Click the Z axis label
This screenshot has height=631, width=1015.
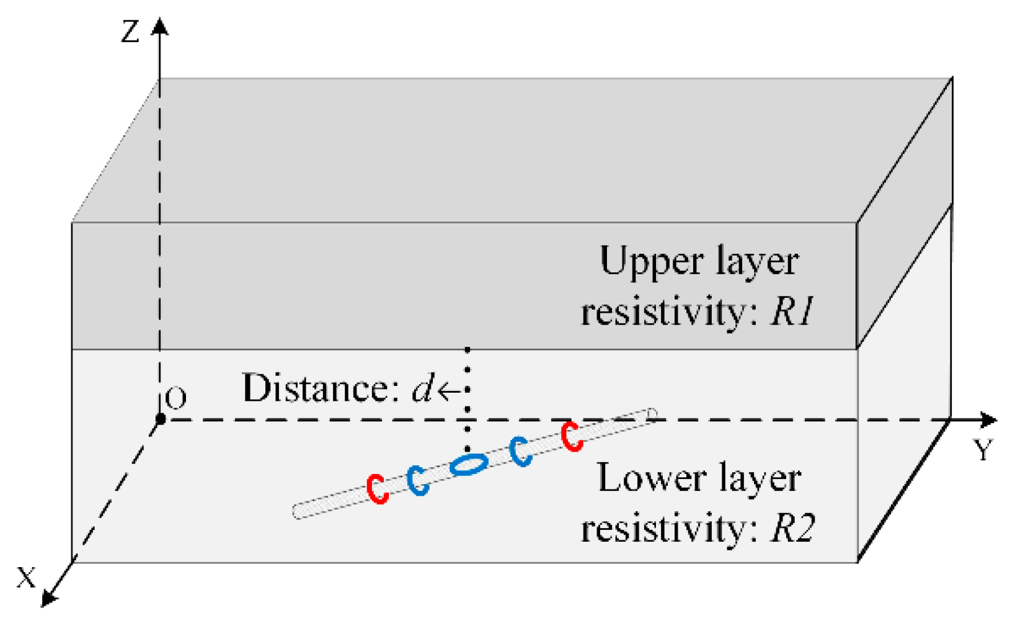point(130,31)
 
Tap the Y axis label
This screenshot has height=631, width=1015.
point(983,450)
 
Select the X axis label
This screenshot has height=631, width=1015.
point(26,578)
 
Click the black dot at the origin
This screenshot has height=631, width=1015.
point(160,419)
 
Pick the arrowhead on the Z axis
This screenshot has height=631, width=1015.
point(160,26)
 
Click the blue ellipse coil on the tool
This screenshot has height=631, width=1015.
point(468,464)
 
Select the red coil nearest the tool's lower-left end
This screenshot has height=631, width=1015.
point(377,488)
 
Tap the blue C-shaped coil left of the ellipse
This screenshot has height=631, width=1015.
point(418,480)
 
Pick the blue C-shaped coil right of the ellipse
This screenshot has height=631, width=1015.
point(520,450)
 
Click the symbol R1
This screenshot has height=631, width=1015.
point(791,311)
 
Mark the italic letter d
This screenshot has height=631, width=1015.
point(423,389)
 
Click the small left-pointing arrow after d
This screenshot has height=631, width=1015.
point(449,391)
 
